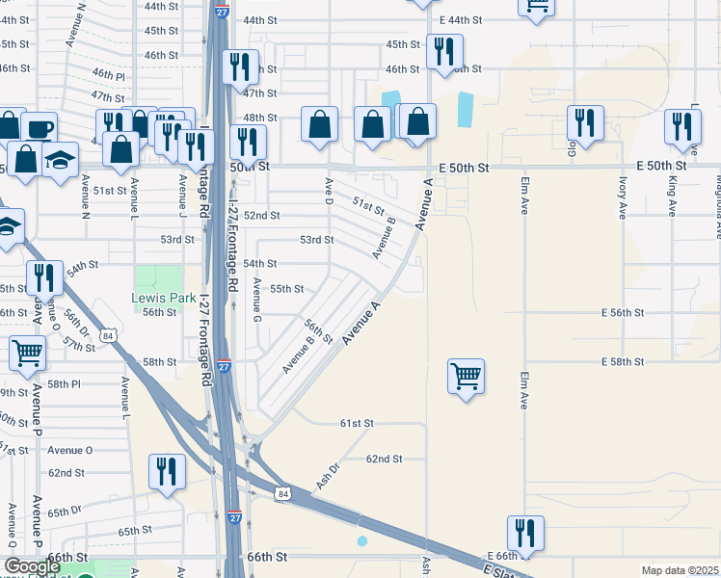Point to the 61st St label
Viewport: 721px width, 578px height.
[x=356, y=423]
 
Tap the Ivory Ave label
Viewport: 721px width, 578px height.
[x=620, y=197]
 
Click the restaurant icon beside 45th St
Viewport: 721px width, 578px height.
[x=444, y=50]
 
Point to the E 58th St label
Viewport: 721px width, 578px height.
[x=621, y=361]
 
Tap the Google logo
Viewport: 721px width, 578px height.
[x=32, y=566]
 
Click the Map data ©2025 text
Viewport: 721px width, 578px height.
[x=679, y=570]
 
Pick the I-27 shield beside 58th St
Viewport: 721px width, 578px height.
[x=224, y=366]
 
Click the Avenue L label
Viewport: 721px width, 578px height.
[x=125, y=397]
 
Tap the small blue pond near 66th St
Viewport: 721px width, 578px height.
[x=361, y=541]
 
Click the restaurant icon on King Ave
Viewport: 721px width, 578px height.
[x=682, y=125]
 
